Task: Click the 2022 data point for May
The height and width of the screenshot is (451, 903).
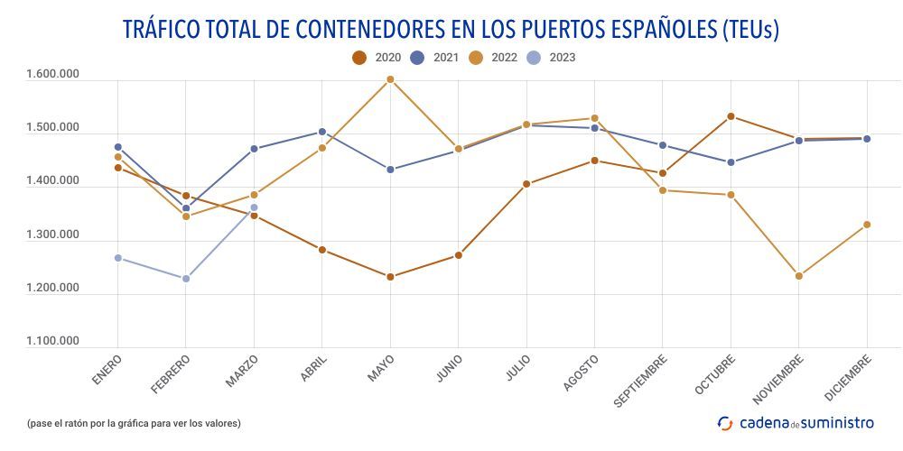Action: tap(390, 79)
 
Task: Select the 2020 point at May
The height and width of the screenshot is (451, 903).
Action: tap(390, 277)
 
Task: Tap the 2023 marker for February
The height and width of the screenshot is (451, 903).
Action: tap(186, 279)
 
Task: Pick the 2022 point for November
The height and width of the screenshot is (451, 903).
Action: tap(799, 276)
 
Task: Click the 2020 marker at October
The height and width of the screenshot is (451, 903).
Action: tap(731, 116)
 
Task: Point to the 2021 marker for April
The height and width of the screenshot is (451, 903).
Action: tap(322, 132)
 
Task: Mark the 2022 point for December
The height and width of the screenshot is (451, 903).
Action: tap(867, 225)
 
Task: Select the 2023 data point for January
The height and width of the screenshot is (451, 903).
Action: tap(118, 258)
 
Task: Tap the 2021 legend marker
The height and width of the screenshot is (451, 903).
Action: tap(418, 58)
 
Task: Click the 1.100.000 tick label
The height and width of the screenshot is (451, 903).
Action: tap(53, 342)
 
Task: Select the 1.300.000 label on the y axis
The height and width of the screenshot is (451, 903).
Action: tap(53, 235)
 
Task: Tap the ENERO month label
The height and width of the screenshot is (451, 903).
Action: tap(107, 371)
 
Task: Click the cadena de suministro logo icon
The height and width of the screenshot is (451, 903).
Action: tap(725, 423)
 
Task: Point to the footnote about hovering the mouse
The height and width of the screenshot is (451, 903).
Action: tap(134, 423)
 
